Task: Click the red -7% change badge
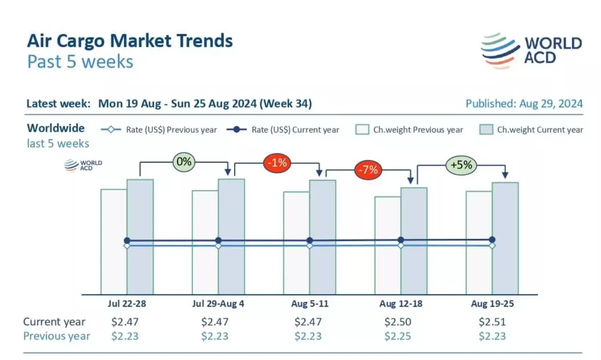368,170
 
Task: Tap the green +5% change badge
461,165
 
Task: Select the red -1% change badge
277,163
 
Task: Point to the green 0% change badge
184,162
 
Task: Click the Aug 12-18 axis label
401,304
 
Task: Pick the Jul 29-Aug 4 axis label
218,304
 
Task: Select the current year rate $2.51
492,322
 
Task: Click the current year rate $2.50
397,322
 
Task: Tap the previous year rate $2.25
397,336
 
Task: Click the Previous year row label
56,336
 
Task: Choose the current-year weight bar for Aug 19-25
505,238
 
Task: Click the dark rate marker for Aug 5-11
310,240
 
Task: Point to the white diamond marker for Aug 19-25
492,246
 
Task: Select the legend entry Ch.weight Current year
531,130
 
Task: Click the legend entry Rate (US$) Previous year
159,130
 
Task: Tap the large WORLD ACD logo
531,51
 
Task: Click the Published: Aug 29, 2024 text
524,104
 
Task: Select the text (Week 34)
286,104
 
